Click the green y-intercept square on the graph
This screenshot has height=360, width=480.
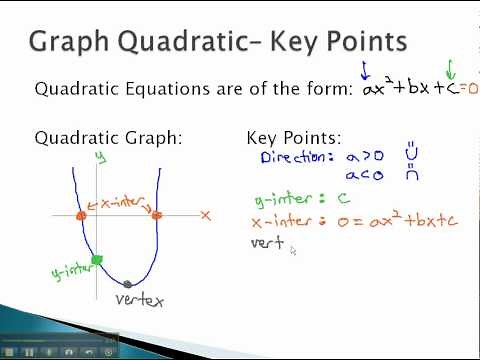tap(96, 260)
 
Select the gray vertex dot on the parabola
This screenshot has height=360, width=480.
tap(127, 284)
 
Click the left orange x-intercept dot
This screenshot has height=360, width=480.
tap(81, 214)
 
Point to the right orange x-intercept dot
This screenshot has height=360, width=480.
tap(157, 214)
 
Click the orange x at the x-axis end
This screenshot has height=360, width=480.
tap(205, 215)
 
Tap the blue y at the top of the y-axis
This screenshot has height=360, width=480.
tap(100, 157)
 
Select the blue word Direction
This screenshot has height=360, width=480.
tap(294, 158)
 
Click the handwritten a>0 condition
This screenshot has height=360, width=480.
tap(365, 158)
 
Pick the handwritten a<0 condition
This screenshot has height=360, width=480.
tap(365, 176)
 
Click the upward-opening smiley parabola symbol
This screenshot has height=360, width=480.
tap(411, 156)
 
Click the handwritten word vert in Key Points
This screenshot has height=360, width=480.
tap(267, 242)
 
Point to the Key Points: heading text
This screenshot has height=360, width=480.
tap(293, 138)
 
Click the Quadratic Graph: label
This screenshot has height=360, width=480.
tap(108, 138)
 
